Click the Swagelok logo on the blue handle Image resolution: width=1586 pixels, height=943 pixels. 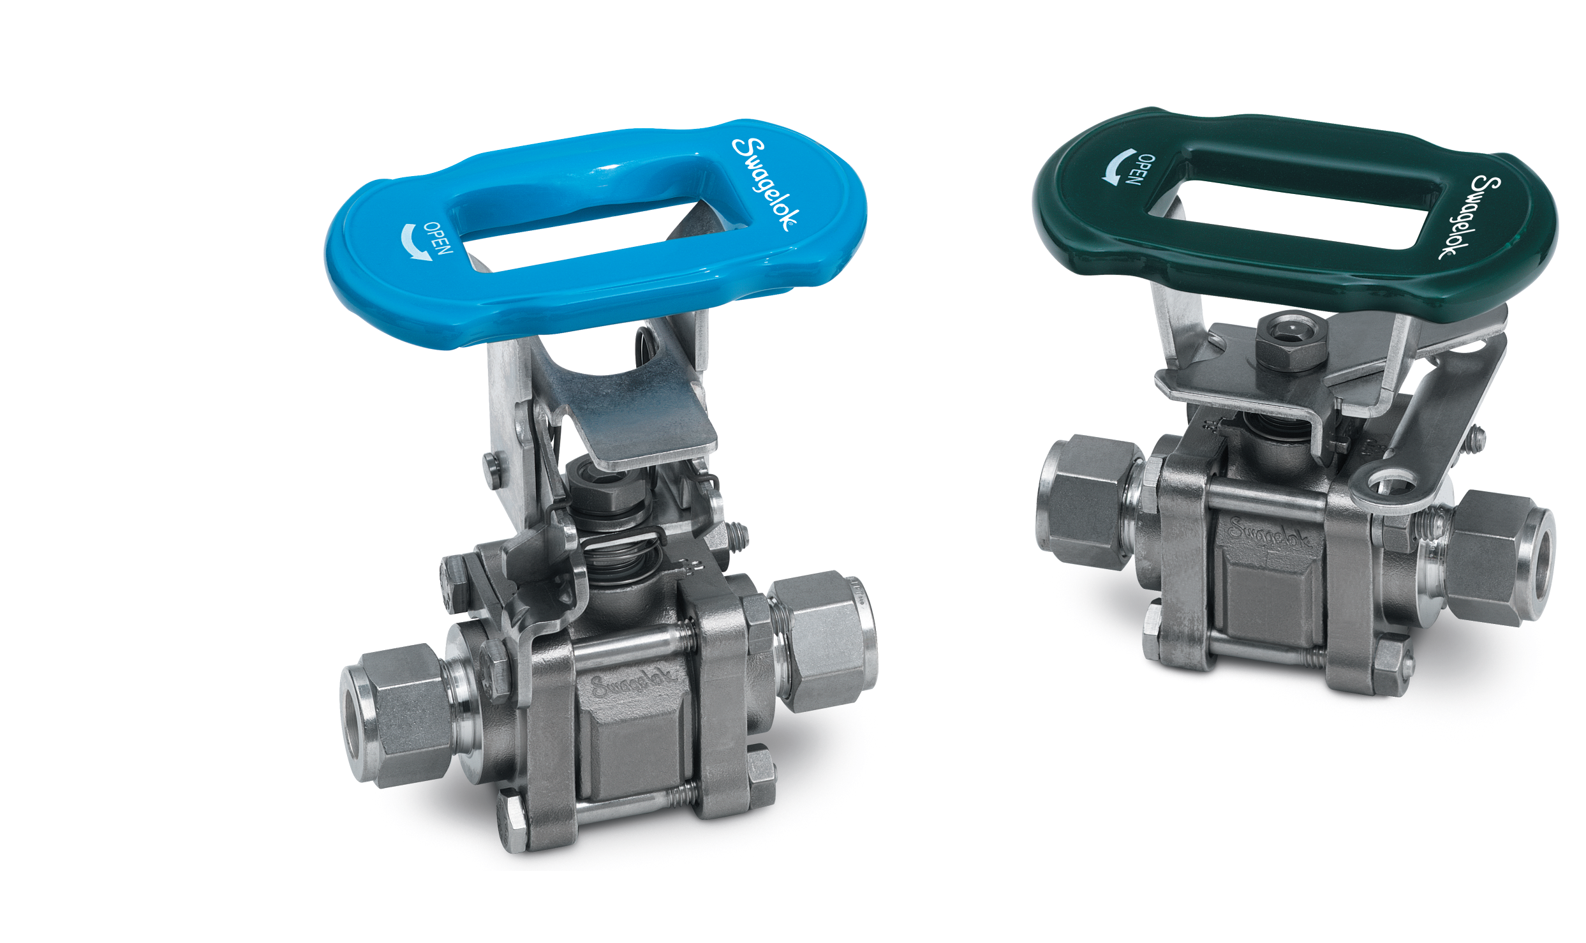pos(764,184)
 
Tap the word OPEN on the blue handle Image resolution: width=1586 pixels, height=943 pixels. pos(438,239)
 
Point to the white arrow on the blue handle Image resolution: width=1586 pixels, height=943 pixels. pos(412,243)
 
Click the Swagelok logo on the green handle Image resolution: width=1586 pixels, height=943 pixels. pos(1467,217)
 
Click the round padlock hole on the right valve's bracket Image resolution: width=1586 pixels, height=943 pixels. pos(1392,484)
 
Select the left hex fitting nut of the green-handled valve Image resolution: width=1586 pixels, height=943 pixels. pos(1085,501)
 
